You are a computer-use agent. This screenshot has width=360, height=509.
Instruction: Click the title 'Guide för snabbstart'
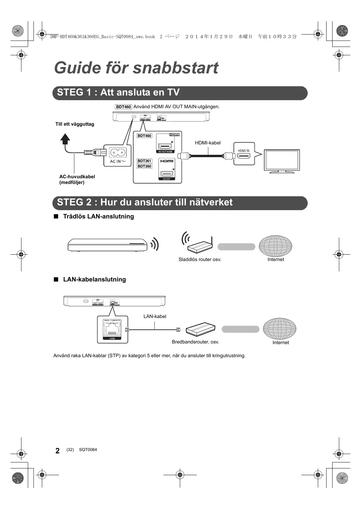pyautogui.click(x=136, y=68)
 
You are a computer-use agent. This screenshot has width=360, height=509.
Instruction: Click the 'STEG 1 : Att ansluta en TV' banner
pyautogui.click(x=180, y=93)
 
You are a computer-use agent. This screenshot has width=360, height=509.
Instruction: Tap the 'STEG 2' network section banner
pyautogui.click(x=180, y=203)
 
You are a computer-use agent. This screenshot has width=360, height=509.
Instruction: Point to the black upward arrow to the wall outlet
pyautogui.click(x=65, y=139)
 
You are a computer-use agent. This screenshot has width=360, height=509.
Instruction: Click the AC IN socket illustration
pyautogui.click(x=118, y=152)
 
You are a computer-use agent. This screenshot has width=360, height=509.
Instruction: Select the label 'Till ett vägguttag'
pyautogui.click(x=75, y=124)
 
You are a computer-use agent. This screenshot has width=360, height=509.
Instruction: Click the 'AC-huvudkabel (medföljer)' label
pyautogui.click(x=77, y=179)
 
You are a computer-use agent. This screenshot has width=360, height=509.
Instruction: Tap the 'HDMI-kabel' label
pyautogui.click(x=208, y=143)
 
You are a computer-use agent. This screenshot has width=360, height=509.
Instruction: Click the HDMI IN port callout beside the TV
pyautogui.click(x=244, y=154)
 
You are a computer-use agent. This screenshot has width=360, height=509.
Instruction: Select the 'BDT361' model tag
pyautogui.click(x=144, y=161)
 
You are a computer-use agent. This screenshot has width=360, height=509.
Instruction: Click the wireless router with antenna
pyautogui.click(x=197, y=243)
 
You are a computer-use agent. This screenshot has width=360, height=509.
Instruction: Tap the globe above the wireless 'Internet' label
pyautogui.click(x=276, y=246)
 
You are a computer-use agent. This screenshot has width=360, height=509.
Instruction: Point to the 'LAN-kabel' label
pyautogui.click(x=155, y=316)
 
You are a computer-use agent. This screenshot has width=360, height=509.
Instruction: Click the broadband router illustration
pyautogui.click(x=201, y=329)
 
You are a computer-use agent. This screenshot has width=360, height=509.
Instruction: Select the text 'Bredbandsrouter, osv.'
pyautogui.click(x=196, y=342)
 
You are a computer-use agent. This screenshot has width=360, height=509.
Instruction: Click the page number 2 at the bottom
pyautogui.click(x=58, y=451)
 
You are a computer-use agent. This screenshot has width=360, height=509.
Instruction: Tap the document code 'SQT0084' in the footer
pyautogui.click(x=88, y=449)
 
